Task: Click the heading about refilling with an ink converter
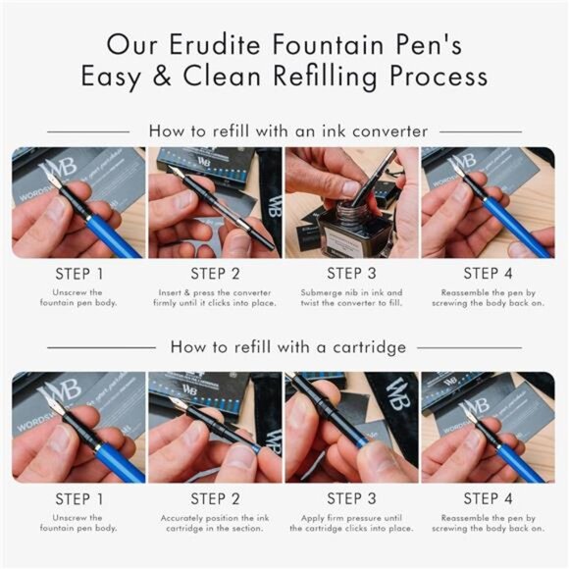pos(287,129)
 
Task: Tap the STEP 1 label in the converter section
pos(78,274)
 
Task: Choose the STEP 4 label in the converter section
pos(488,274)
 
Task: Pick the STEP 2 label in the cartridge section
pos(215,498)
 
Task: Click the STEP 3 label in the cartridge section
pos(351,498)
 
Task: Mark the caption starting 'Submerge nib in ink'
pos(351,297)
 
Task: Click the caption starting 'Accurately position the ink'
pos(215,522)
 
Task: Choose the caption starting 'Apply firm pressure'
pos(351,522)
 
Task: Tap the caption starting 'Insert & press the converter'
pos(215,297)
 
